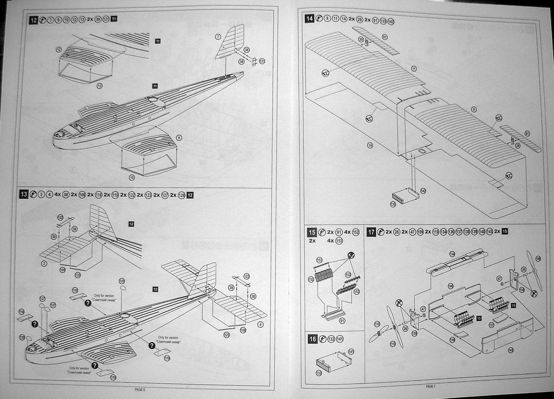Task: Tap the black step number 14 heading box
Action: [x=309, y=19]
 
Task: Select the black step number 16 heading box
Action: [x=313, y=339]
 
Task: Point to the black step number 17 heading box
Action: [x=371, y=232]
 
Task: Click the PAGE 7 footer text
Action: [x=430, y=386]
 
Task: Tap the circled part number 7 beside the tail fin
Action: [x=218, y=36]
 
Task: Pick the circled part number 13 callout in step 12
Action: [x=99, y=86]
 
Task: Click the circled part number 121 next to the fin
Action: [x=262, y=61]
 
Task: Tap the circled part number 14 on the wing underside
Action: [x=370, y=146]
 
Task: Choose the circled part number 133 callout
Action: [x=393, y=203]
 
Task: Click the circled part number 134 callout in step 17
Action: [x=452, y=254]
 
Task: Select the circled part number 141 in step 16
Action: [x=352, y=351]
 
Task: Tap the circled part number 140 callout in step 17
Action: [x=450, y=286]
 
